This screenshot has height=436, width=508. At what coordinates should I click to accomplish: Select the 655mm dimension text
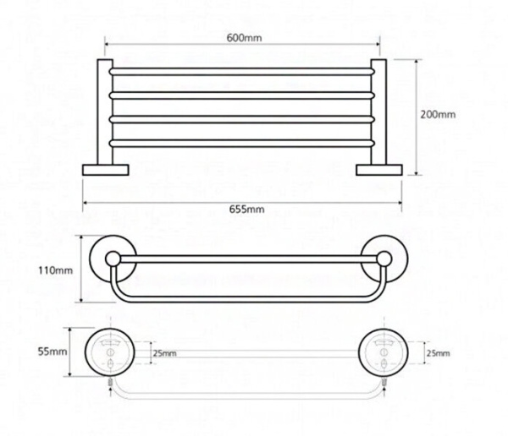pos(245,209)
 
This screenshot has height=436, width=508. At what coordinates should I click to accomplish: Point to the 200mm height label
pos(437,115)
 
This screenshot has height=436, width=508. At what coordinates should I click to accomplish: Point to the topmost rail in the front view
pos(243,66)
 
